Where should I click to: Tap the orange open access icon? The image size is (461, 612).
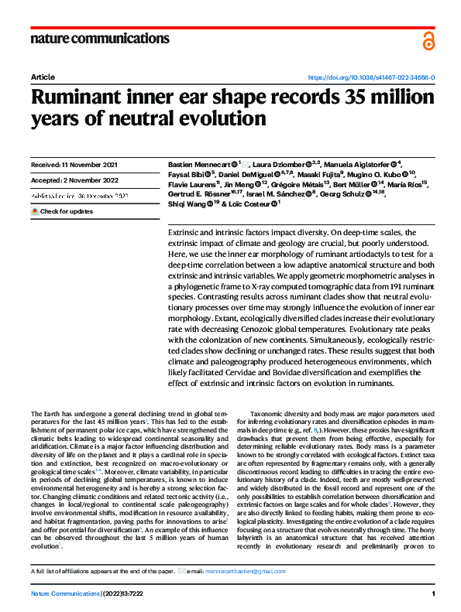[x=428, y=41]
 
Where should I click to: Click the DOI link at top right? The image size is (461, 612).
[x=371, y=78]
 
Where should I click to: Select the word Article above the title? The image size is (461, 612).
[x=43, y=78]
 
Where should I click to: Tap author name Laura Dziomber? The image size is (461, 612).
[x=277, y=165]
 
